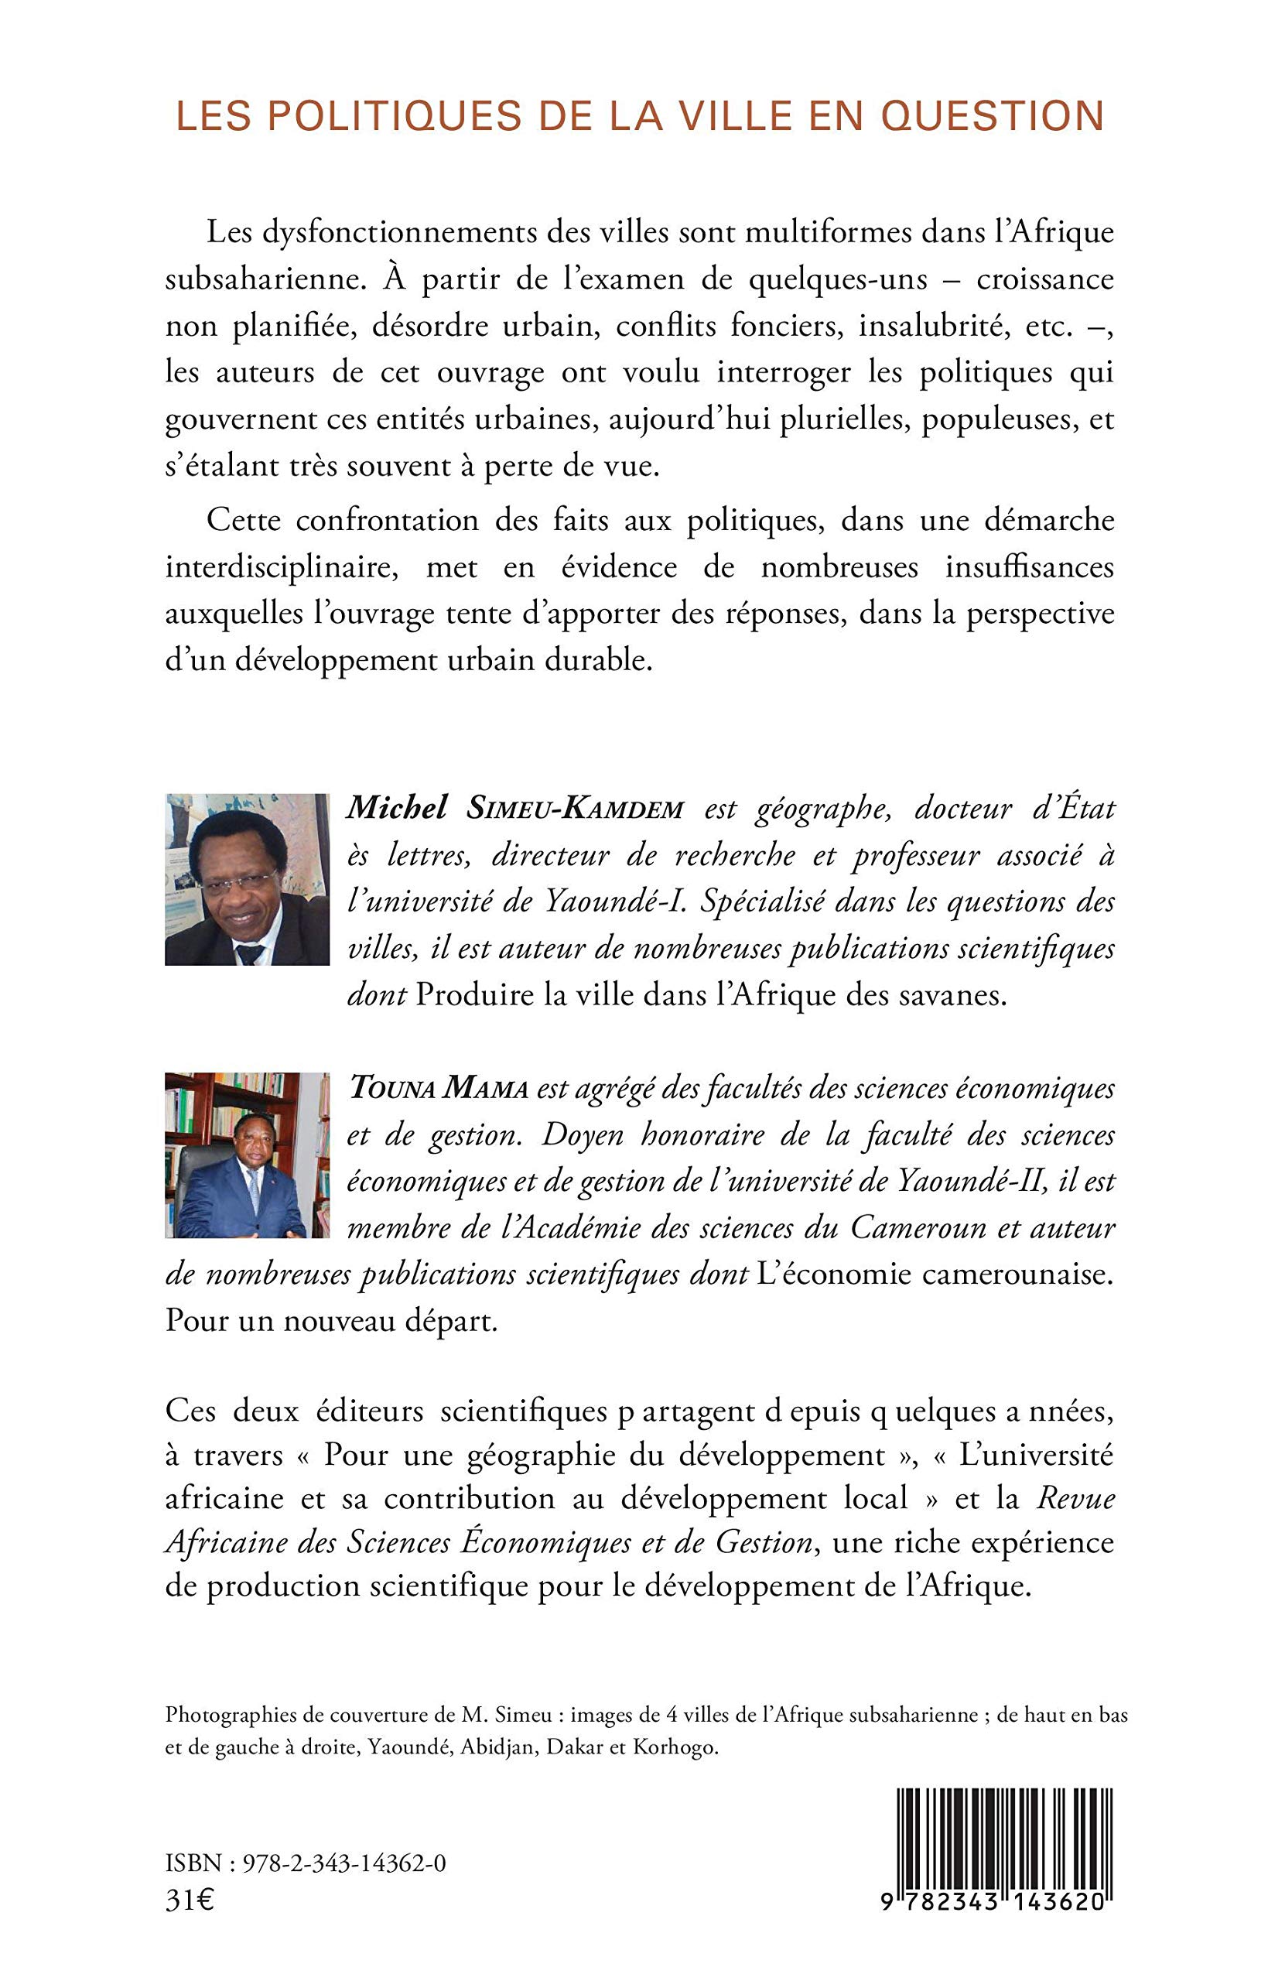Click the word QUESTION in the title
tap(992, 116)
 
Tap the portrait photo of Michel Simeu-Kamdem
tap(247, 878)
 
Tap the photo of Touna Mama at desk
tap(247, 1155)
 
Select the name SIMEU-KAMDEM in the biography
tap(575, 809)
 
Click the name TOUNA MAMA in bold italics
tap(438, 1089)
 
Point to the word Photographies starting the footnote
tap(230, 1715)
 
